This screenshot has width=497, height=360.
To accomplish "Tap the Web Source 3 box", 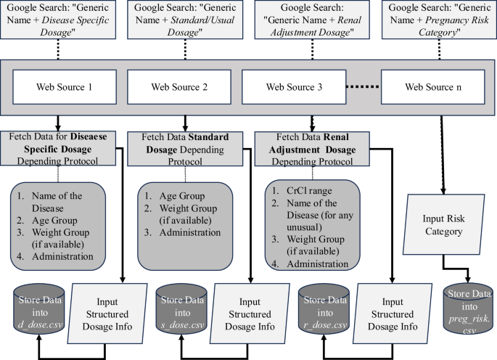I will (294, 87).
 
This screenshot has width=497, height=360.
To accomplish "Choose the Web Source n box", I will (432, 87).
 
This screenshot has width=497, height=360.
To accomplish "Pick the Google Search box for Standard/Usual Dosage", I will (178, 20).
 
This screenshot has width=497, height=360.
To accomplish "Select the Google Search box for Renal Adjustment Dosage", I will (311, 20).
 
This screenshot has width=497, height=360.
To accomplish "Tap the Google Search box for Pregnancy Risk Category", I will (437, 20).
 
